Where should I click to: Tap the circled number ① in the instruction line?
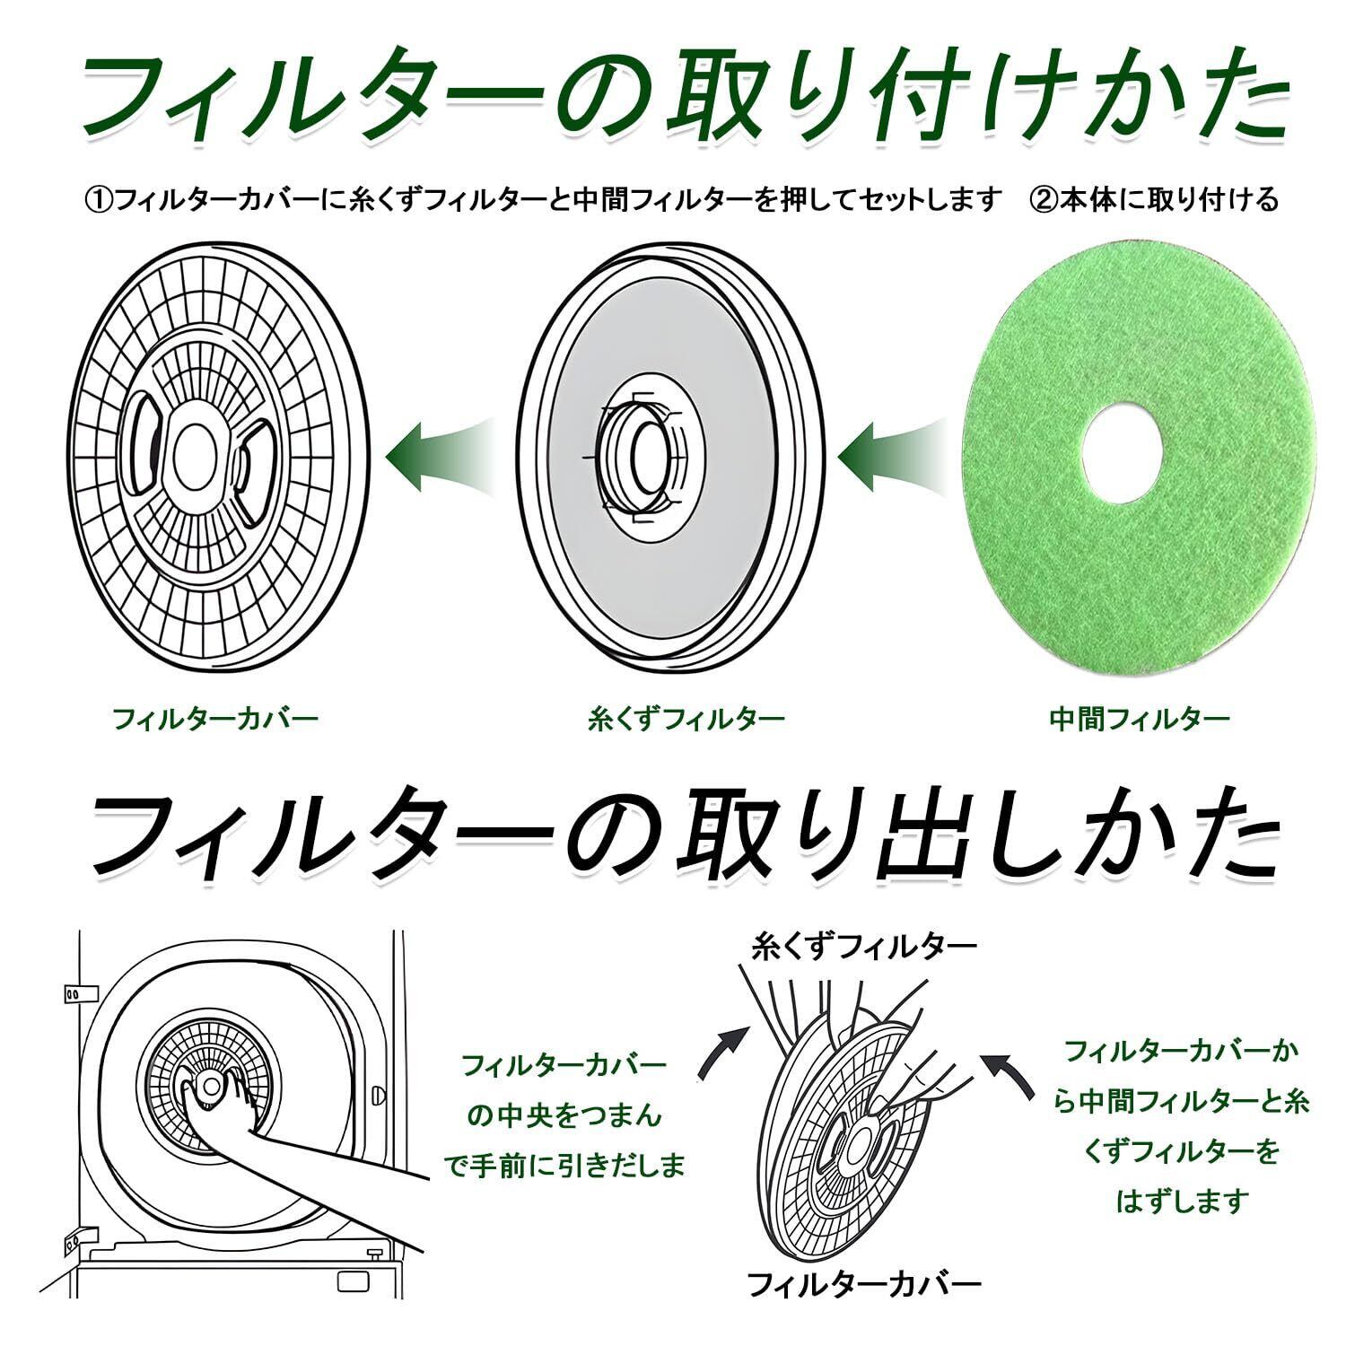(96, 199)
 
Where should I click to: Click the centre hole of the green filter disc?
(1122, 449)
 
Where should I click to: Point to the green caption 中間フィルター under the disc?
(1139, 718)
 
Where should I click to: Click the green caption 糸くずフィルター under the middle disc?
(686, 718)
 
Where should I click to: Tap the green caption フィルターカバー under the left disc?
(215, 718)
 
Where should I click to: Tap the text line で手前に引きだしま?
(565, 1165)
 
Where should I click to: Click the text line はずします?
(1182, 1201)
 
